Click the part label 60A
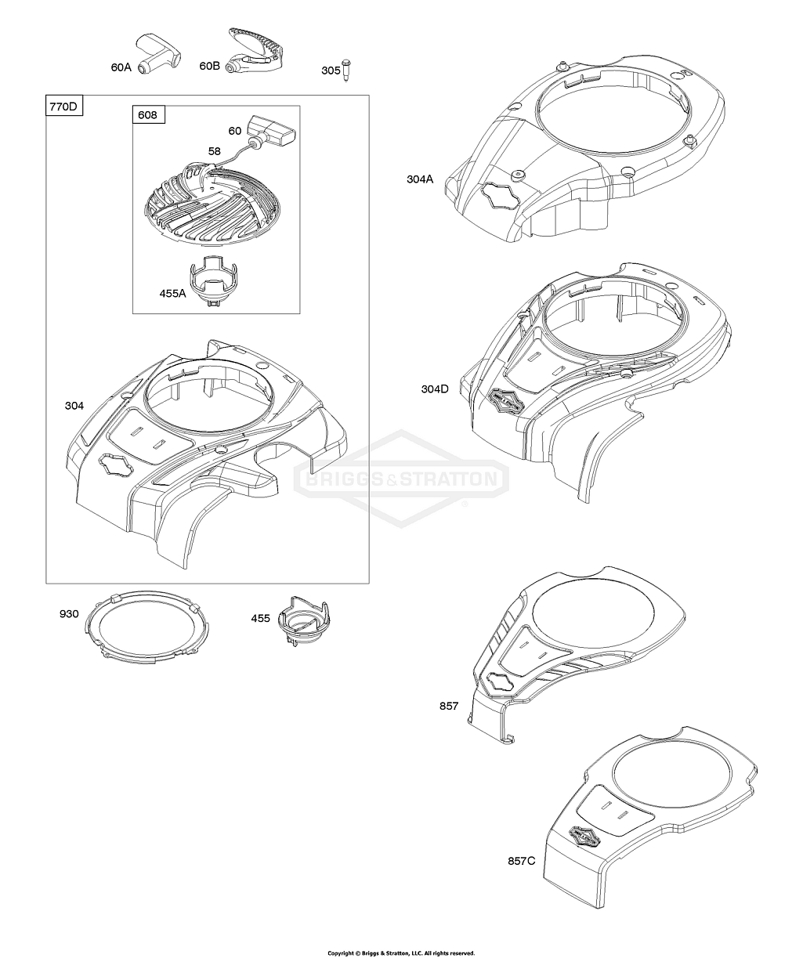coord(121,67)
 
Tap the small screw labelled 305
coord(345,70)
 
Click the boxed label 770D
coord(63,107)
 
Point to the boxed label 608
coord(149,114)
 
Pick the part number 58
coord(215,151)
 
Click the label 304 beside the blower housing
coord(74,406)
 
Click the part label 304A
coord(420,179)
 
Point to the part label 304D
coord(435,389)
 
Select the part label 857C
coord(521,861)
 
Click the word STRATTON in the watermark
coord(448,479)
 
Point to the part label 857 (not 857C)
coord(449,706)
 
